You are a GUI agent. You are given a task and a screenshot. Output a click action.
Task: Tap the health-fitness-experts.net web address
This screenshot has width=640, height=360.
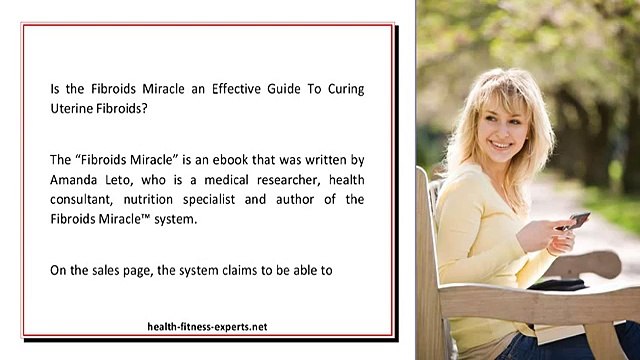pyautogui.click(x=207, y=327)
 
